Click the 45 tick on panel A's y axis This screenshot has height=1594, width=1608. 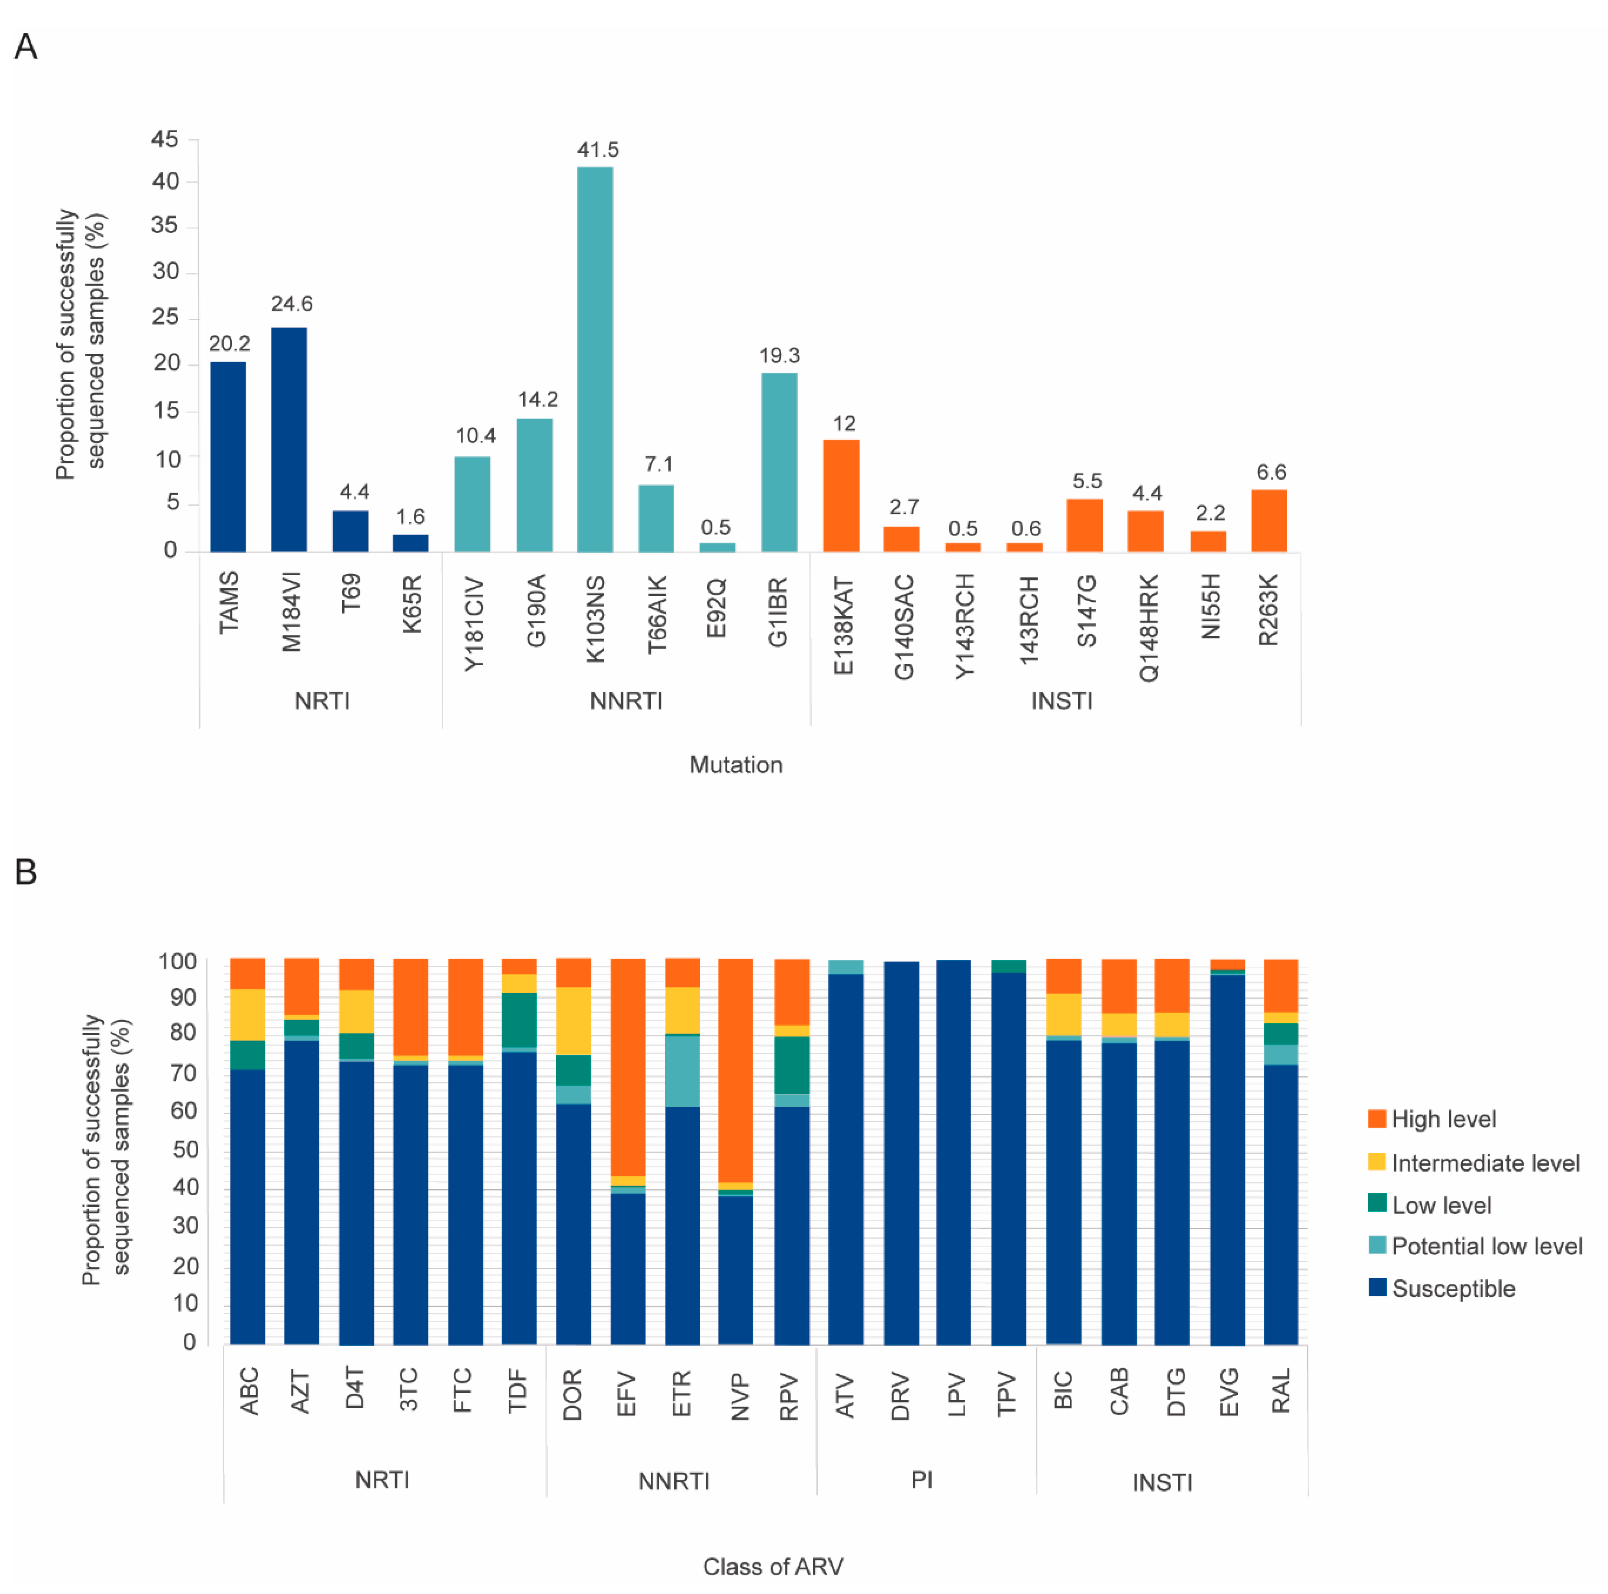tap(165, 139)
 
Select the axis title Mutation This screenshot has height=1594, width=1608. tap(736, 764)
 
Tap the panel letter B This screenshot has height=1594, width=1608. tap(26, 872)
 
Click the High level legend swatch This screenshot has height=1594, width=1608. tap(1377, 1118)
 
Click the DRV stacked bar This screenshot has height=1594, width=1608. tap(901, 1153)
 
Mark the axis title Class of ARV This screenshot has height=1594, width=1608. tap(772, 1566)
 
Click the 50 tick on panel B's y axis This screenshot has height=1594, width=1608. tap(184, 1149)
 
